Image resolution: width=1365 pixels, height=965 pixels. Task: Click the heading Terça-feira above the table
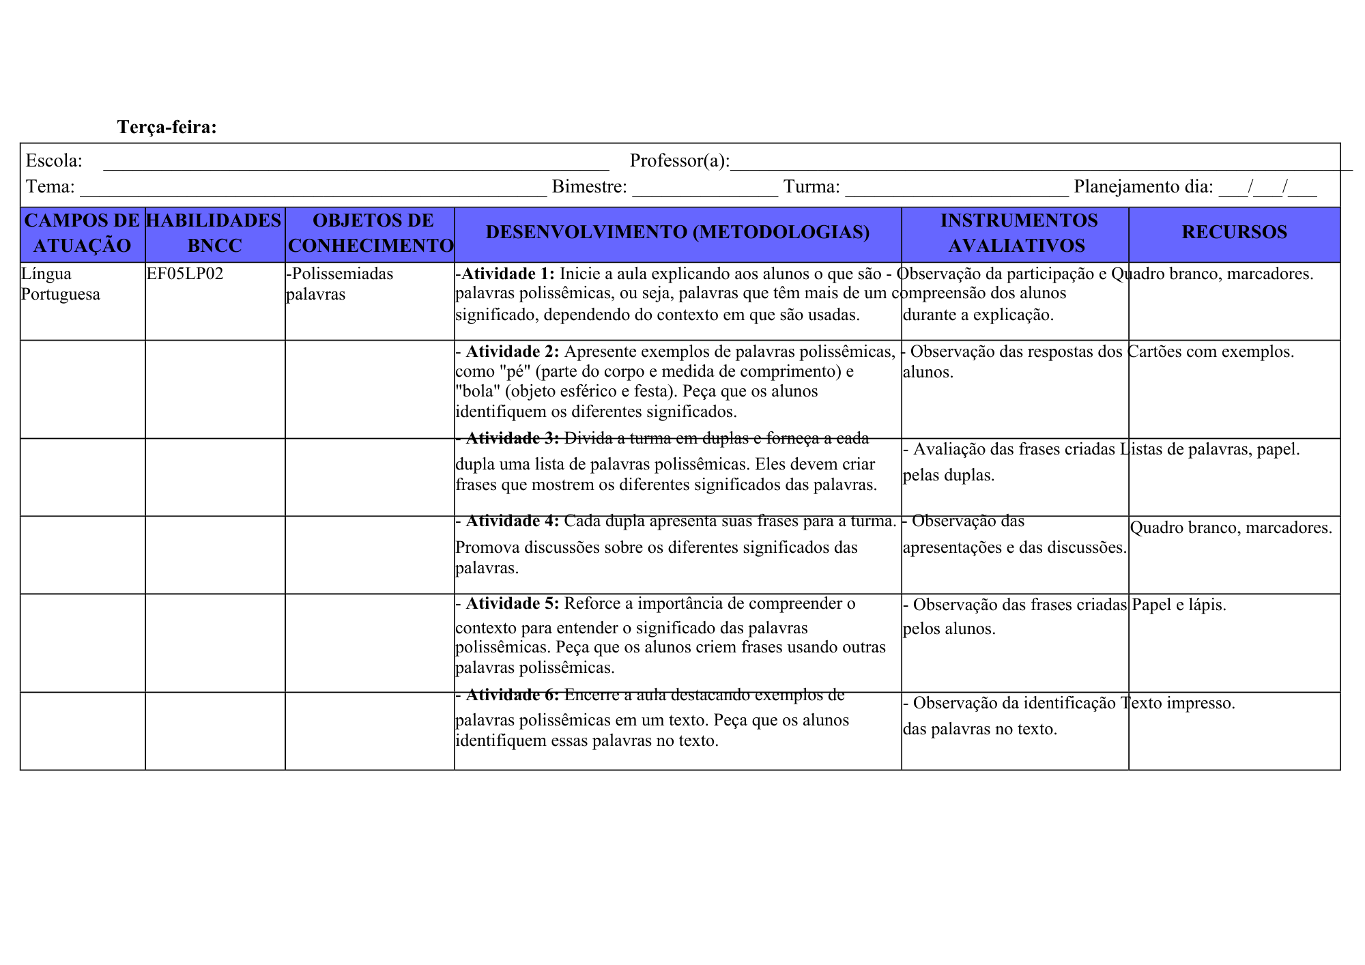pyautogui.click(x=167, y=127)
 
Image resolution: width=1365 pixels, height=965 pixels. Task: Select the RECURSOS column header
pyautogui.click(x=1234, y=232)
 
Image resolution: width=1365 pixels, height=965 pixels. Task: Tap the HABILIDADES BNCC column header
pyautogui.click(x=214, y=233)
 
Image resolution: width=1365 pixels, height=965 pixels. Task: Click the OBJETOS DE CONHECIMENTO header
pyautogui.click(x=371, y=233)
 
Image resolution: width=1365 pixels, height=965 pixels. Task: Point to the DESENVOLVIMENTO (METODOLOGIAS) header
pyautogui.click(x=677, y=232)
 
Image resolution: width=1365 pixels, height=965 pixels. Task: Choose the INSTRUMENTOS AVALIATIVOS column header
pyautogui.click(x=1017, y=233)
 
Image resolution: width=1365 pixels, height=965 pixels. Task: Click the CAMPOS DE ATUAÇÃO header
pyautogui.click(x=82, y=233)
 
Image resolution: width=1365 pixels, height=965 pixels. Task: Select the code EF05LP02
pyautogui.click(x=185, y=274)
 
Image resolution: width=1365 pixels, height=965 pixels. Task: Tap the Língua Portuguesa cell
pyautogui.click(x=61, y=284)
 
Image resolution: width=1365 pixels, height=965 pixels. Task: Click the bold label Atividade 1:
pyautogui.click(x=508, y=274)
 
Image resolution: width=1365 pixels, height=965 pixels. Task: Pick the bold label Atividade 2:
pyautogui.click(x=512, y=351)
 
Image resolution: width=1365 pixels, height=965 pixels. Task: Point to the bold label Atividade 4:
pyautogui.click(x=512, y=521)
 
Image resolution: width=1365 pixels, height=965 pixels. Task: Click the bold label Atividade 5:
pyautogui.click(x=512, y=603)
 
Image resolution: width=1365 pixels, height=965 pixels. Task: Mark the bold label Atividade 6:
pyautogui.click(x=512, y=695)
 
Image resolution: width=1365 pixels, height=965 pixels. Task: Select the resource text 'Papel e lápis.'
pyautogui.click(x=1179, y=605)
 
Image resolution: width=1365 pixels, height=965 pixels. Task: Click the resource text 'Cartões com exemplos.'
pyautogui.click(x=1210, y=351)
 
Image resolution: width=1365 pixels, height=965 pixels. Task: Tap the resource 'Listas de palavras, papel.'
pyautogui.click(x=1210, y=449)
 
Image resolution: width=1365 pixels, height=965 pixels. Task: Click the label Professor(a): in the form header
pyautogui.click(x=679, y=160)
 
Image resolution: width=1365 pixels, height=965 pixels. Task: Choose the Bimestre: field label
pyautogui.click(x=589, y=186)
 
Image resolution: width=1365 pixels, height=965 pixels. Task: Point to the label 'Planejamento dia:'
pyautogui.click(x=1143, y=186)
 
